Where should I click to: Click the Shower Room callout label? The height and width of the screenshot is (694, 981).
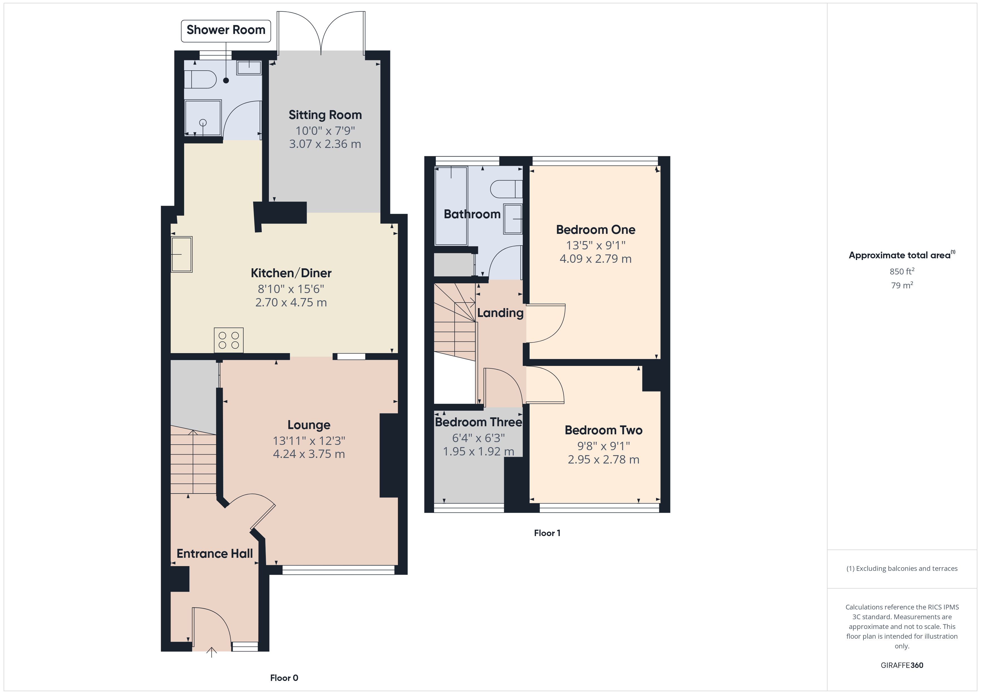pos(226,30)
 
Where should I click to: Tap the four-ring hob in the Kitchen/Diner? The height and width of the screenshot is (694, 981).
pos(229,340)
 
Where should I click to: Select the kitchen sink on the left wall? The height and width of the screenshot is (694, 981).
pos(182,254)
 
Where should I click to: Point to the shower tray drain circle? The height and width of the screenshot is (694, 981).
pos(203,123)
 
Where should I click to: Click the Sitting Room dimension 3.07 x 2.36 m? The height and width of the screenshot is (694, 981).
pos(325,144)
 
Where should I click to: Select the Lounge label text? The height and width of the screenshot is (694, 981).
pos(308,425)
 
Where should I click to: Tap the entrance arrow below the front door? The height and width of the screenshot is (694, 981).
pos(212,652)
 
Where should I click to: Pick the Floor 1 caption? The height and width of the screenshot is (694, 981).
pos(547,533)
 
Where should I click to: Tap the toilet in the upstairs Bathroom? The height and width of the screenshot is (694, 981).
pos(506,189)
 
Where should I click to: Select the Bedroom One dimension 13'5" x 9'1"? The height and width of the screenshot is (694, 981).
pos(596,245)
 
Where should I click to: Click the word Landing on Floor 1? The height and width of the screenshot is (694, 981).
pos(500,313)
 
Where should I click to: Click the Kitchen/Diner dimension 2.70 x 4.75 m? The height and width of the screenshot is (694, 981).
pos(291,303)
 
